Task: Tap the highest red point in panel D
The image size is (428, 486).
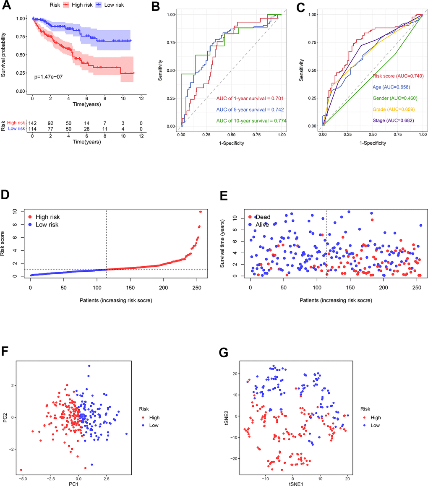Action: click(201, 212)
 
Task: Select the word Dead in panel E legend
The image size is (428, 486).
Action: click(263, 217)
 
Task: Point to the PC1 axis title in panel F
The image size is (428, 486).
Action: click(78, 483)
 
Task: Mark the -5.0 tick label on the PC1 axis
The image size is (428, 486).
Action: click(21, 476)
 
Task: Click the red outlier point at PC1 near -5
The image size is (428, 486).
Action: click(21, 470)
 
